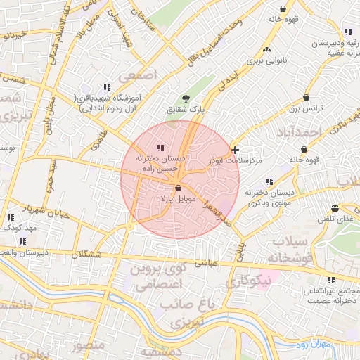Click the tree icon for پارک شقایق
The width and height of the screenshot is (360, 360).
tap(186, 99)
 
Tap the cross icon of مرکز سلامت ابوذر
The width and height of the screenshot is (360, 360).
tap(235, 150)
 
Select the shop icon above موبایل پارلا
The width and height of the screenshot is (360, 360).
tap(177, 188)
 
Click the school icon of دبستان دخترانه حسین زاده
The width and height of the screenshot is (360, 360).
tap(160, 148)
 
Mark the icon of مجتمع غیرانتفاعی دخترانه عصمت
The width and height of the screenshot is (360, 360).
tap(331, 280)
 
